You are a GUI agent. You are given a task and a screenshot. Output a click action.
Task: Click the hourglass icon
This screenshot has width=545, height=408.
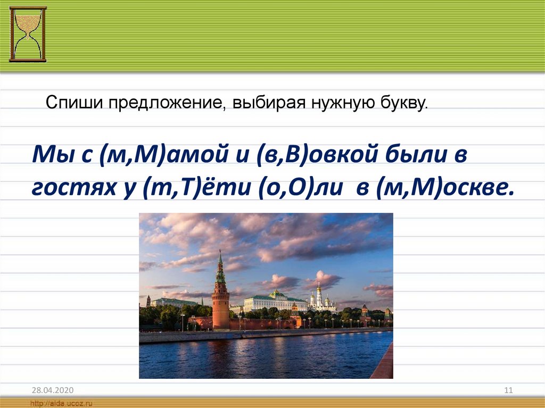click(28, 34)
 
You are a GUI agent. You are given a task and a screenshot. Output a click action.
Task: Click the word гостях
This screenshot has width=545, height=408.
click(73, 188)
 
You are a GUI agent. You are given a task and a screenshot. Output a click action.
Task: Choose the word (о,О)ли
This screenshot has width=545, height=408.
click(301, 188)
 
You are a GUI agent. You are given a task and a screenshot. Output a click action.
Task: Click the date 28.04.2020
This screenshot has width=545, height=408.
click(53, 390)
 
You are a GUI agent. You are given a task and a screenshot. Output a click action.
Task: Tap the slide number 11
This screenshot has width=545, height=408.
click(508, 390)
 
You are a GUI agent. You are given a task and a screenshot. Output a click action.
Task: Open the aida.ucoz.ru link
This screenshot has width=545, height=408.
click(61, 404)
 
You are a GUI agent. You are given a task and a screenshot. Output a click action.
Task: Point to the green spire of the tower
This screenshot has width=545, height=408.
click(220, 267)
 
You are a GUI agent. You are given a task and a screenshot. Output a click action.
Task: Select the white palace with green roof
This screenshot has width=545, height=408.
click(275, 302)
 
